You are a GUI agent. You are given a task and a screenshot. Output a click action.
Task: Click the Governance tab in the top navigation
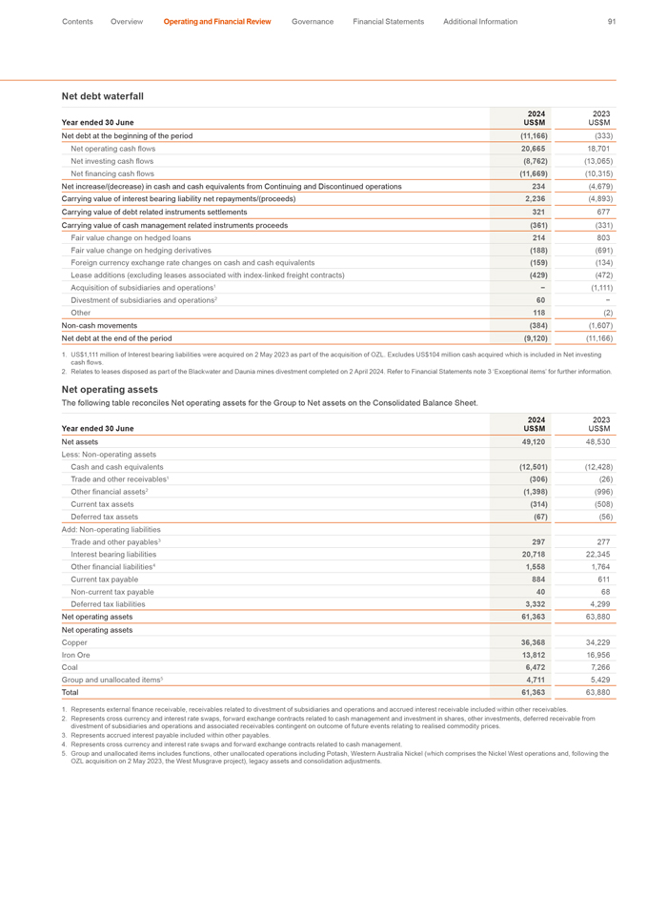pos(313,21)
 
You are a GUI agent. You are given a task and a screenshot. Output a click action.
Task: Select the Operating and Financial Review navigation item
pos(216,21)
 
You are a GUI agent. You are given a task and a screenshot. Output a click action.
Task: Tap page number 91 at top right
pos(611,21)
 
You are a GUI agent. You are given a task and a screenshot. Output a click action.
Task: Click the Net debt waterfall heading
pos(102,96)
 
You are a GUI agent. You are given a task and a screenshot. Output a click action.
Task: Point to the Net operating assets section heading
pos(110,389)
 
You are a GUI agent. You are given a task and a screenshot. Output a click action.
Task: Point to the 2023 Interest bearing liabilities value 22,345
pos(597,554)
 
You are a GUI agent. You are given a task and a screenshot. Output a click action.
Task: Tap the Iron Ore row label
pos(78,656)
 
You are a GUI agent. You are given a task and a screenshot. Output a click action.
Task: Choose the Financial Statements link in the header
pos(388,21)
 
